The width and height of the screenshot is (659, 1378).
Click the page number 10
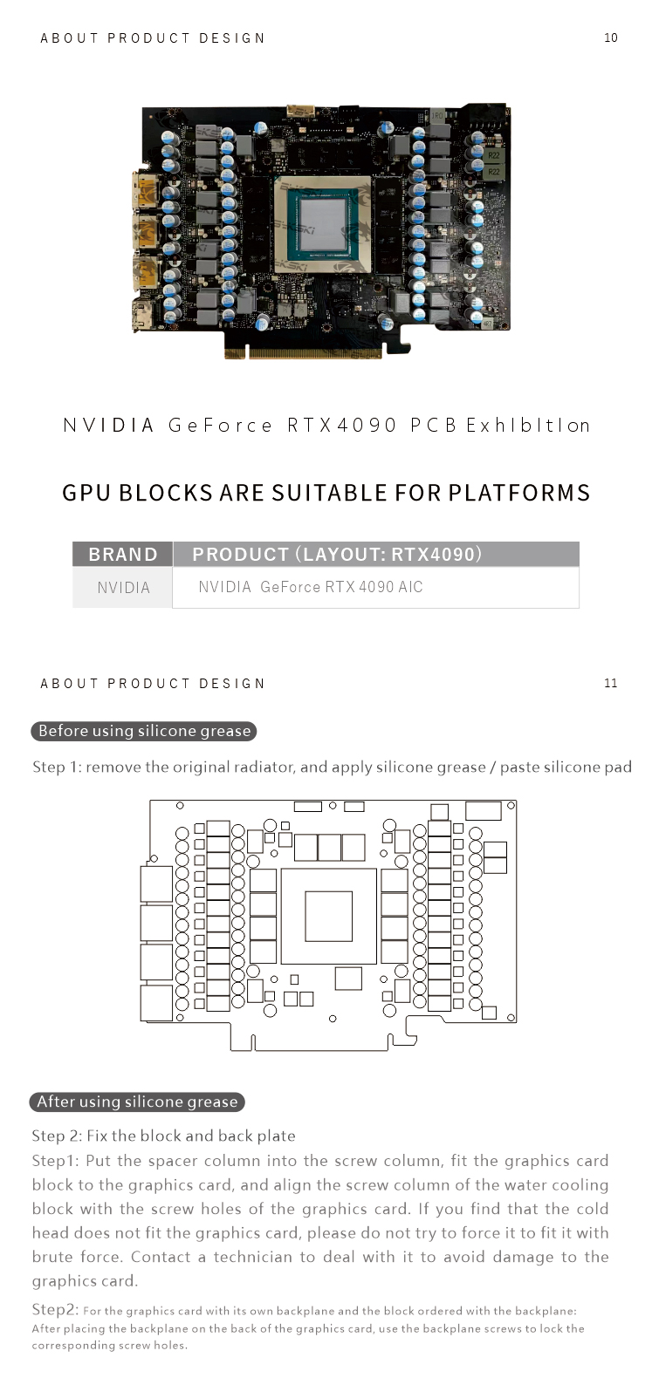pos(610,38)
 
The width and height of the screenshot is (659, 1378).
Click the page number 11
pos(610,683)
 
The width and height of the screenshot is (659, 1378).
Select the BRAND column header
pos(123,555)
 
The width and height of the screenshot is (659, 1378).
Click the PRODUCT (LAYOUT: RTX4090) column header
pos(337,555)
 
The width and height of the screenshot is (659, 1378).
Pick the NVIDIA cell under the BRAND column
pos(123,588)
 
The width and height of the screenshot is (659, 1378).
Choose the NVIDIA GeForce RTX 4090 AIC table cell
pos(311,587)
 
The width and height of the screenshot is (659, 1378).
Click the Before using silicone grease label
pos(144,731)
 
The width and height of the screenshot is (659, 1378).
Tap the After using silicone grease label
pos(137,1102)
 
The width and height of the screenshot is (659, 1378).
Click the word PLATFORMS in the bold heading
pos(519,493)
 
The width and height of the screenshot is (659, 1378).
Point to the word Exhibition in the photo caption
pos(528,426)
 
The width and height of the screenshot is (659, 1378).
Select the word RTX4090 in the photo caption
pos(341,426)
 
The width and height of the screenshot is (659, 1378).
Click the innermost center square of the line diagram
pos(328,916)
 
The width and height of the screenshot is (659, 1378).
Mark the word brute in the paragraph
pos(51,1257)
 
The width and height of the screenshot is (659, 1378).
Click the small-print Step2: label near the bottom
pos(55,1309)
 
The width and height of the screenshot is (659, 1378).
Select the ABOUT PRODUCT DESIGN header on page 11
pos(153,684)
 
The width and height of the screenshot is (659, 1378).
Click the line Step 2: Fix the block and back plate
pos(163,1136)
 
